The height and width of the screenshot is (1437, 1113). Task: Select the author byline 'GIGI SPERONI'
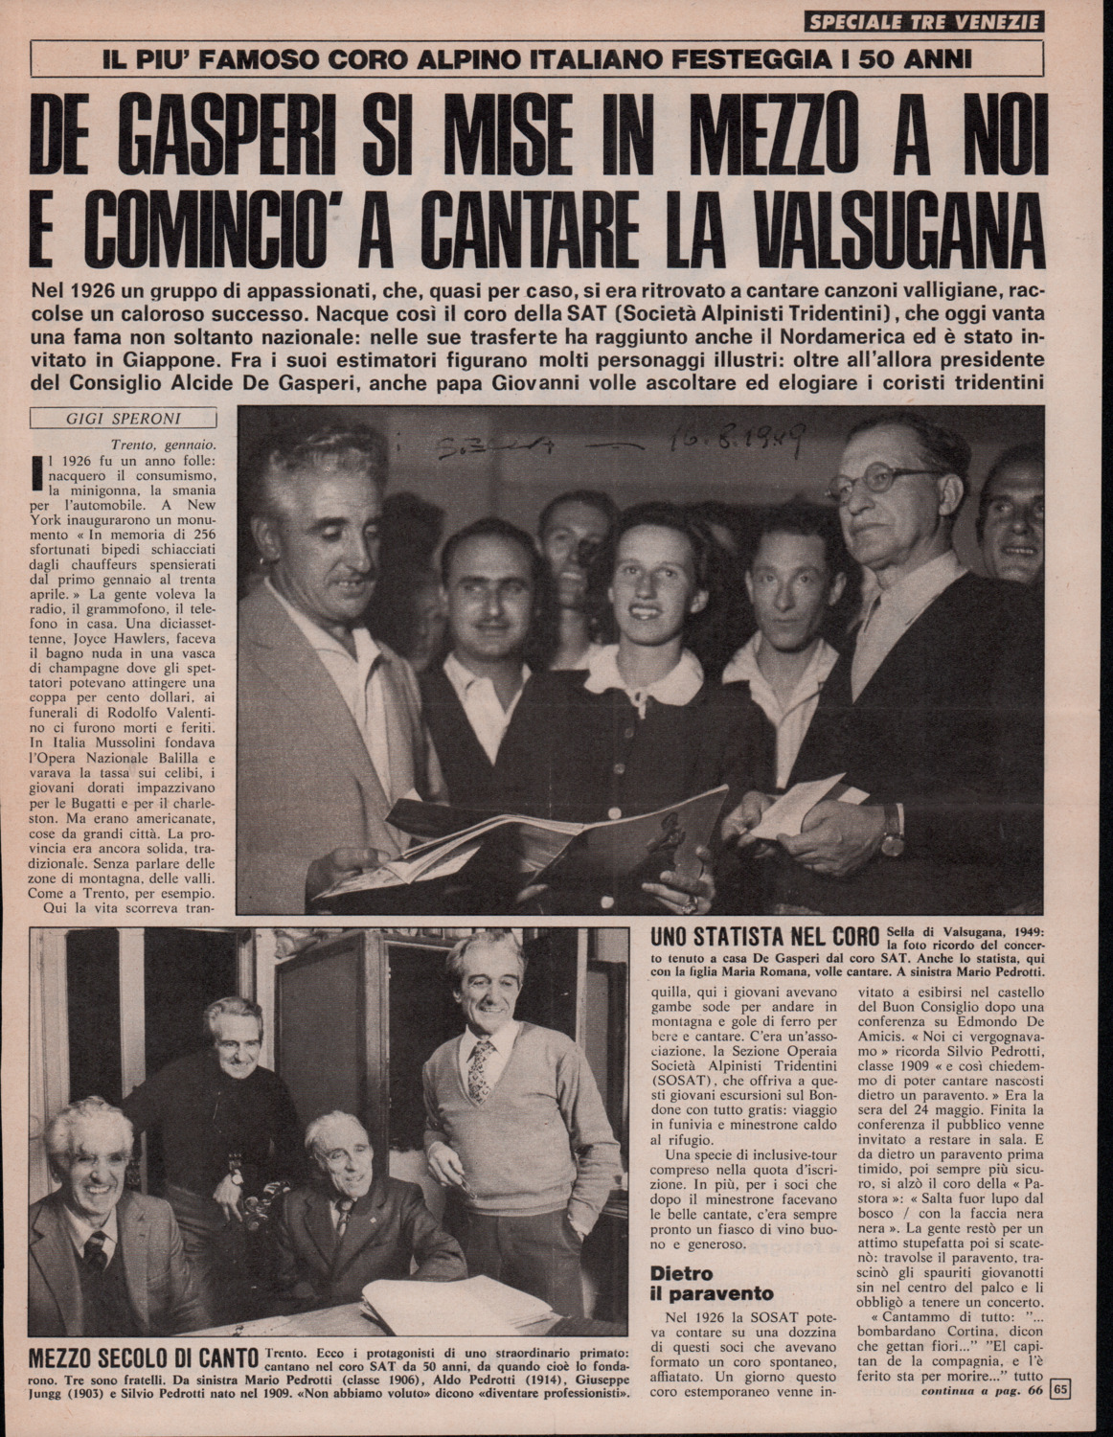pyautogui.click(x=124, y=419)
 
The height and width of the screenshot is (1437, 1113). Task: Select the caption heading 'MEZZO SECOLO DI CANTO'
pyautogui.click(x=144, y=1361)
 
